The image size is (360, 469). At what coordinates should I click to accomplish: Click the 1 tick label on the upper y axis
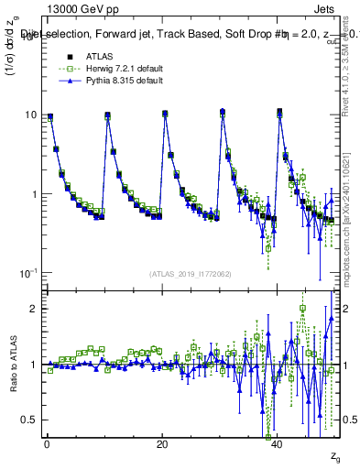(33, 194)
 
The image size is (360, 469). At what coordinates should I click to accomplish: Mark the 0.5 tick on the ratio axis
(29, 420)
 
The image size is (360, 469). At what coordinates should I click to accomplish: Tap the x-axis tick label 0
(47, 443)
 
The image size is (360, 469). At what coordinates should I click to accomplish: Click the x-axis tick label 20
(162, 443)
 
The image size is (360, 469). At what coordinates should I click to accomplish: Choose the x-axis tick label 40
(278, 443)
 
